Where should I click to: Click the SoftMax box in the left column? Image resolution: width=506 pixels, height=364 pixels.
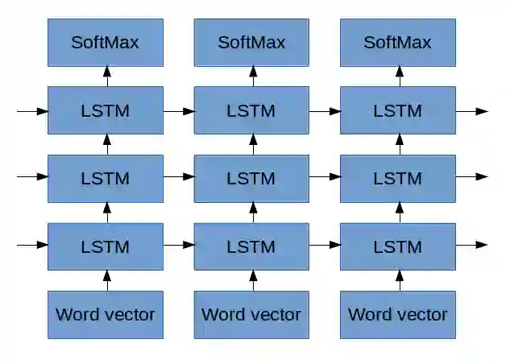(x=105, y=43)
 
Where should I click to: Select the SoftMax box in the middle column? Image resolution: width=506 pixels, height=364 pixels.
(x=251, y=43)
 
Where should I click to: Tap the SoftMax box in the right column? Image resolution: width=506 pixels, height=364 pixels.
(x=397, y=43)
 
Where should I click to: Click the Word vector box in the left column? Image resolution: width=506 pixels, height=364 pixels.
(x=105, y=314)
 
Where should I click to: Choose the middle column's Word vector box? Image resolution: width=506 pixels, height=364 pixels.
(x=251, y=314)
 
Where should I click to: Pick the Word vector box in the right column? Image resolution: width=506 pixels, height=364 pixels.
(x=397, y=314)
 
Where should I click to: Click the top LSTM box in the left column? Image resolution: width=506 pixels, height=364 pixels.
(x=105, y=110)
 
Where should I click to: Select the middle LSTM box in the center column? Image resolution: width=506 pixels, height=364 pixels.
(x=251, y=178)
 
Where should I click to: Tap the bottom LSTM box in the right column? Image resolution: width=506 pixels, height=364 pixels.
(x=397, y=246)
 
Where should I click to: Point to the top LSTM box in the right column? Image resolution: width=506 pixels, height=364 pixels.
(x=397, y=110)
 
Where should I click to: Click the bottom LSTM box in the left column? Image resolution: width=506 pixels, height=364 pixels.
(x=105, y=246)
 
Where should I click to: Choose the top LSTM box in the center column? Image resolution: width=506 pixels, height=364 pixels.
(x=251, y=110)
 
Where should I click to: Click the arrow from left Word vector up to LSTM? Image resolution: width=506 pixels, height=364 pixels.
(x=106, y=280)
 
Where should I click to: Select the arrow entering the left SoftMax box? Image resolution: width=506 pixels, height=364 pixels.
(x=106, y=77)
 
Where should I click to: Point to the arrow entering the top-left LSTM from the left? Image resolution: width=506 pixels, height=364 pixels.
(x=32, y=110)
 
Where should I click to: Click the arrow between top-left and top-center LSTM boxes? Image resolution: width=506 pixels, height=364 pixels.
(x=179, y=110)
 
